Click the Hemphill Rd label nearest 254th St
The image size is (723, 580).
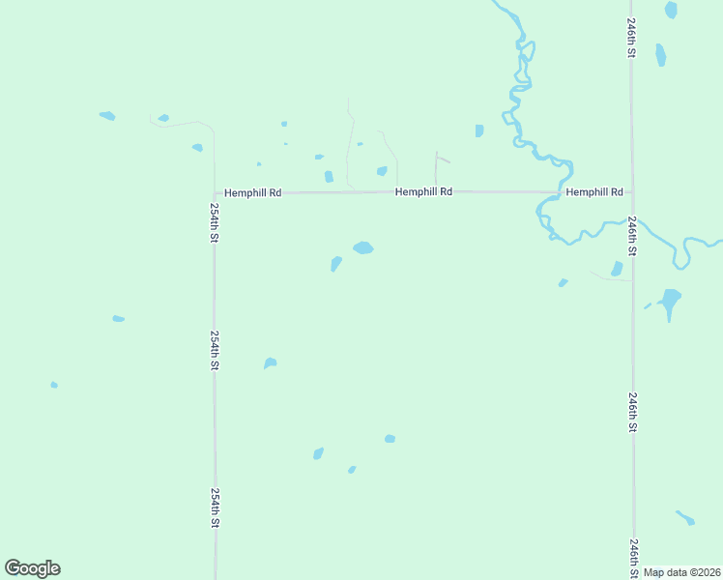click(252, 193)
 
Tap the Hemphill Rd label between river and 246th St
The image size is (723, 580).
click(594, 192)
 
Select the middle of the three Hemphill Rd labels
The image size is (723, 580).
click(423, 192)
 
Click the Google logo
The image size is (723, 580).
click(32, 568)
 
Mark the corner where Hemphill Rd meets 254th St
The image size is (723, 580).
click(215, 193)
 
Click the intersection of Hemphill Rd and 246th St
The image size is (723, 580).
click(631, 192)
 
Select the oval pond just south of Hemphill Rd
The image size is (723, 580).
click(363, 247)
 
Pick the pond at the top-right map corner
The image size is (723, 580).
click(671, 10)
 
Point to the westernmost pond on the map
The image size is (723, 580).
click(54, 385)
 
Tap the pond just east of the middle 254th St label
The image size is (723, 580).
click(271, 363)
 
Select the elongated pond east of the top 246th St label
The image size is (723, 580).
click(661, 55)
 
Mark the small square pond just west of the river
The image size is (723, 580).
click(479, 130)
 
